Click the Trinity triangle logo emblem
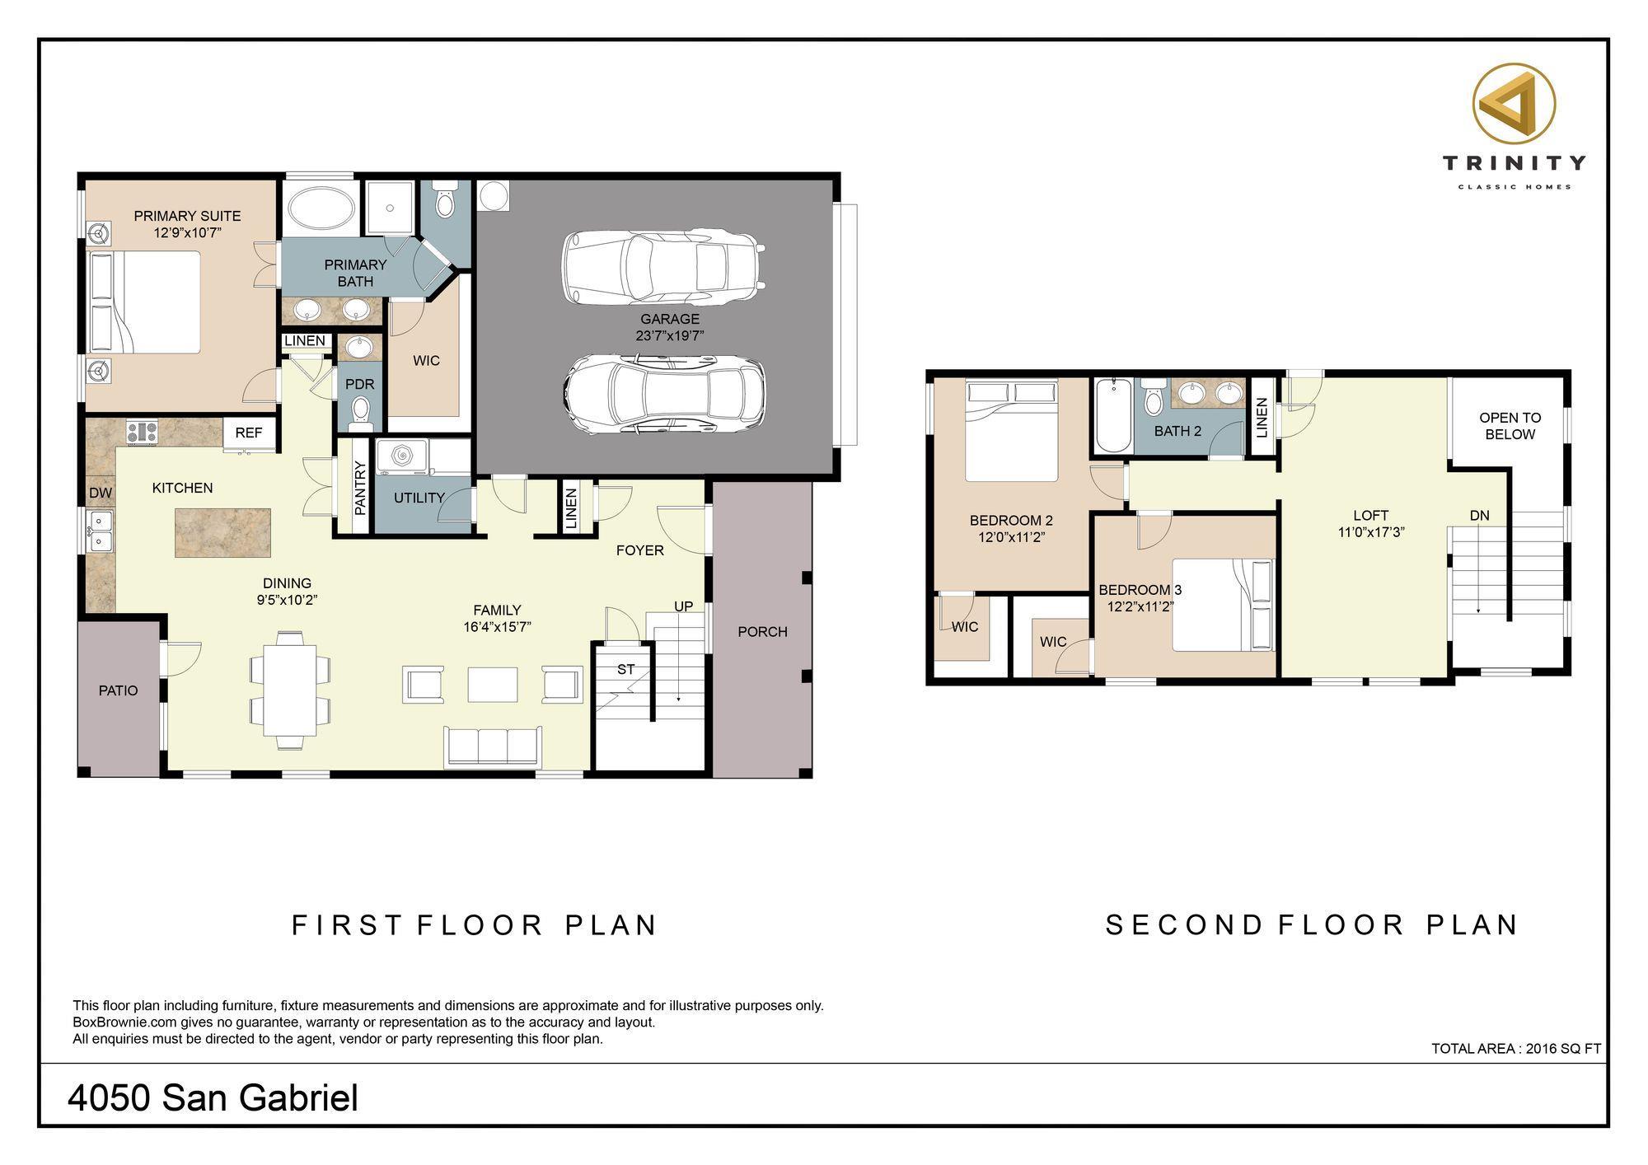pos(1514,105)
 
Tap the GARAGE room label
pos(669,319)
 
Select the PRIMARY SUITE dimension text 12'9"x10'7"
pos(187,232)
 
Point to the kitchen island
pos(222,532)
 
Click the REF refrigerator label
pos(248,433)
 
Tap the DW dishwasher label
pos(100,493)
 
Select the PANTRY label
pos(360,488)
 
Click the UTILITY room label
pos(419,498)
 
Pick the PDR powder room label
pos(359,384)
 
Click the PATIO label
pos(118,690)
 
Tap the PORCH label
pos(762,632)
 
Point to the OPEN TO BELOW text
pos(1510,426)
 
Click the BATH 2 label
pos(1177,431)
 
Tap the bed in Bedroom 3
pos(1223,606)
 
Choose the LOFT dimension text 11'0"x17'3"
pos(1371,532)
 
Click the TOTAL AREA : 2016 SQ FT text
pos(1516,1049)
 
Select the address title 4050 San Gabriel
pos(213,1098)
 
